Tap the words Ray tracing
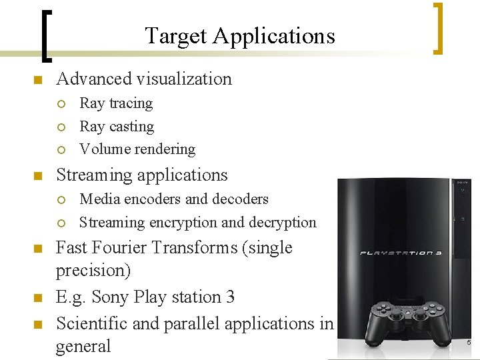[116, 103]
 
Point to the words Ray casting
[117, 127]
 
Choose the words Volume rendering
[137, 149]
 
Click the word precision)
[93, 271]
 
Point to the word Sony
[110, 297]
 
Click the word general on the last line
[83, 346]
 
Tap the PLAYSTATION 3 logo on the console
[401, 253]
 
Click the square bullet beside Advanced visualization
[37, 80]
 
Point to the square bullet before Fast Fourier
[37, 249]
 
